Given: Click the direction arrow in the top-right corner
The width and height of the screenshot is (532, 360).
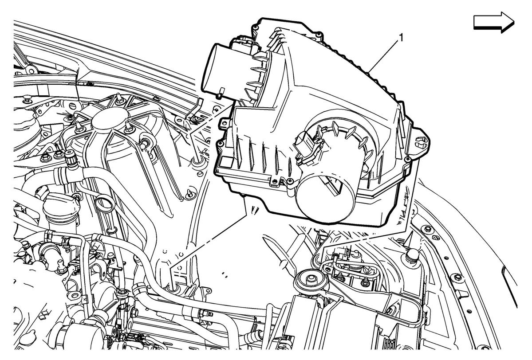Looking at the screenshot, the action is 494,22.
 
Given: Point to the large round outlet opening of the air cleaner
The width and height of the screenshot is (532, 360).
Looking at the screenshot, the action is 325,197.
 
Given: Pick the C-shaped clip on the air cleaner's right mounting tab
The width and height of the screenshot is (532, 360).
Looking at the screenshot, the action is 421,142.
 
